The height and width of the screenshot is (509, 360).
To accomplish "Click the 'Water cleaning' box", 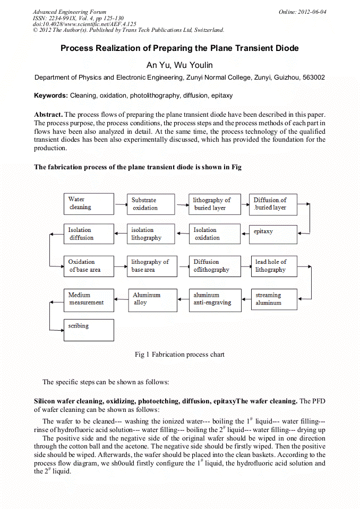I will pyautogui.click(x=89, y=203).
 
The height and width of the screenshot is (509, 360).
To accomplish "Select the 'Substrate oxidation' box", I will pyautogui.click(x=151, y=204).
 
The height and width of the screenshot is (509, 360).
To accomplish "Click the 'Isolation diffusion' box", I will pyautogui.click(x=89, y=234).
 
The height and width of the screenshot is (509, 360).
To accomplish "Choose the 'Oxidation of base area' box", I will pyautogui.click(x=89, y=266).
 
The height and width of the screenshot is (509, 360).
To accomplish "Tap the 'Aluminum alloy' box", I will pyautogui.click(x=151, y=299).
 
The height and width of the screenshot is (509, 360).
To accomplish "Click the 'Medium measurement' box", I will pyautogui.click(x=89, y=299).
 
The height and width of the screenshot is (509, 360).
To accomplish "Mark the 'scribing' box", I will pyautogui.click(x=89, y=330).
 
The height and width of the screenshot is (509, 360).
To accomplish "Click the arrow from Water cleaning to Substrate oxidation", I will pyautogui.click(x=121, y=203).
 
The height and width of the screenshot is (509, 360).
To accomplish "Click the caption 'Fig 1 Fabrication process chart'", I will pyautogui.click(x=179, y=355).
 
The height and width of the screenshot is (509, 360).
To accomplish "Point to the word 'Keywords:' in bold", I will pyautogui.click(x=51, y=96).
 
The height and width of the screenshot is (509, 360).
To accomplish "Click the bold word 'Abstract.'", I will pyautogui.click(x=49, y=115).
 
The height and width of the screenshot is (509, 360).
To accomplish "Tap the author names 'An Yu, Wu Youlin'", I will pyautogui.click(x=179, y=65).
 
